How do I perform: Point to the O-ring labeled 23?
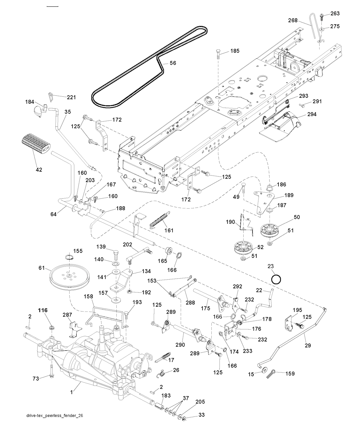coord(276,279)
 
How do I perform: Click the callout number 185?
coord(234,51)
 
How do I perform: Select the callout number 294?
coord(312,114)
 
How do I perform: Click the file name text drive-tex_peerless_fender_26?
coord(55,415)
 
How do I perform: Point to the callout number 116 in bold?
coord(43,310)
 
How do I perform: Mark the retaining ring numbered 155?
coord(69,259)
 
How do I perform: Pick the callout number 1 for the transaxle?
coord(71,391)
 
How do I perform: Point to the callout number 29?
coord(308,346)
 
